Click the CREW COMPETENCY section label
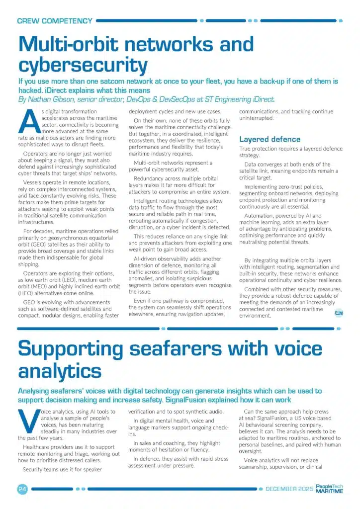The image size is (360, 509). [x=55, y=21]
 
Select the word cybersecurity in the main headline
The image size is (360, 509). [x=83, y=65]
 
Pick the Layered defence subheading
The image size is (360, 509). [x=270, y=139]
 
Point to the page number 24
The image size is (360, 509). [x=22, y=489]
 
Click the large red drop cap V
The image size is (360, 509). [x=29, y=422]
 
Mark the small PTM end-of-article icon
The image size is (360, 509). [x=339, y=312]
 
